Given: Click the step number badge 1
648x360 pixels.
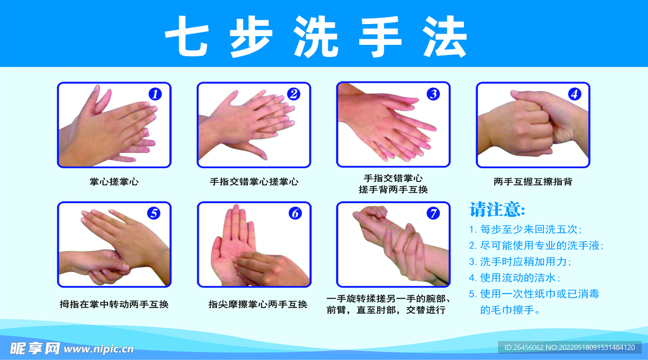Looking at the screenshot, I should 155,94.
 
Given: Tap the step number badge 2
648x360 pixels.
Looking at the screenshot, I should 294,94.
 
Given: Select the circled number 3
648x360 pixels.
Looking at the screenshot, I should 433,94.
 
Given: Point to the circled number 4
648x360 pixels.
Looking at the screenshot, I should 574,94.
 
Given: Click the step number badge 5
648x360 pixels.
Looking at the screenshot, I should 154,213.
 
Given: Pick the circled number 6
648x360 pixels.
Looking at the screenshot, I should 295,213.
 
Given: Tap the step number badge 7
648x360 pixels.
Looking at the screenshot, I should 433,213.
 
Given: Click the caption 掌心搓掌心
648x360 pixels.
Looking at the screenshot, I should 114,182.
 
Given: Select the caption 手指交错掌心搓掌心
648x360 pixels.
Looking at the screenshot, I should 254,182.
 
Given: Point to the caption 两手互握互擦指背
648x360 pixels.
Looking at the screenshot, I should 533,182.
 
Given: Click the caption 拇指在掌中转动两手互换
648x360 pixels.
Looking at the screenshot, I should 114,304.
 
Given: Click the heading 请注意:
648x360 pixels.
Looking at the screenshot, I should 497,209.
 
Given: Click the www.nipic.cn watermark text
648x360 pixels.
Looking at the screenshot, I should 99,349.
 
